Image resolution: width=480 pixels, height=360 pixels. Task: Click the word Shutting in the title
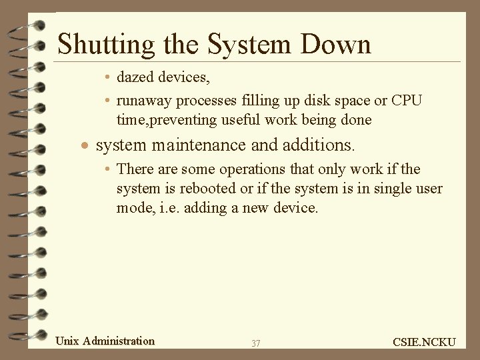pos(96,45)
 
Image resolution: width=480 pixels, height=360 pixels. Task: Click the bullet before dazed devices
pos(107,78)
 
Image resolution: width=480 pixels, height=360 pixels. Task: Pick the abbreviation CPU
pos(407,100)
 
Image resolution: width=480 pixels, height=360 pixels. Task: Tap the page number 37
pos(256,343)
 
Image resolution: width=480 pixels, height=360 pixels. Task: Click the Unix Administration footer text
pos(105,341)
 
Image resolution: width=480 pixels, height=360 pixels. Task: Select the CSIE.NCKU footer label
pos(424,342)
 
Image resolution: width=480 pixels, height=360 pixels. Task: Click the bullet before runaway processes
pos(107,101)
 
